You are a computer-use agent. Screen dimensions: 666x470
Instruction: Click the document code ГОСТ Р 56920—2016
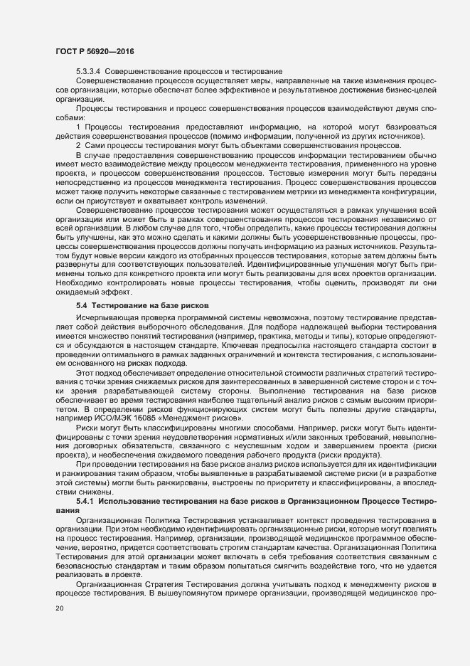coord(94,53)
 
